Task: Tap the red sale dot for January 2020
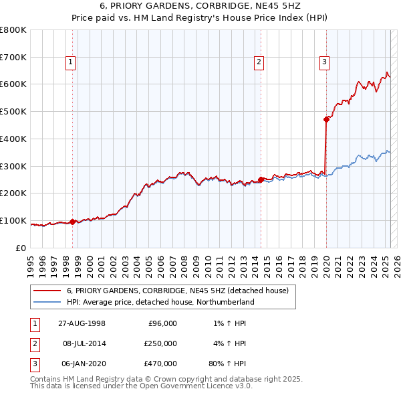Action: (x=326, y=120)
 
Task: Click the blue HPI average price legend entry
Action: (x=160, y=302)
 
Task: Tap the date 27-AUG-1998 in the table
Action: (x=82, y=323)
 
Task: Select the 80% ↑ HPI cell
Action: (x=227, y=364)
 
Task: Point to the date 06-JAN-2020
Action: (x=82, y=364)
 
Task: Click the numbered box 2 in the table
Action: (x=33, y=343)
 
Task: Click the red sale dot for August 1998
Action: (x=73, y=222)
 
